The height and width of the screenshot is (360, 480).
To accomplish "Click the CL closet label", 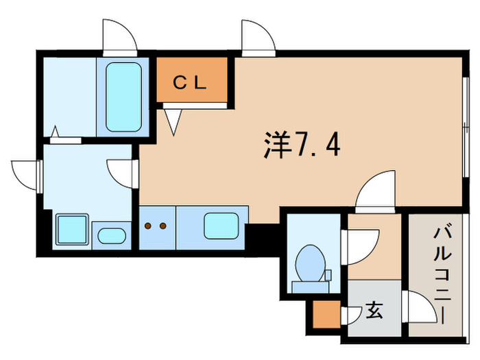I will click(190, 83).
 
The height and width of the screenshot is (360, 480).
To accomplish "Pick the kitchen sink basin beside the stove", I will click(221, 226).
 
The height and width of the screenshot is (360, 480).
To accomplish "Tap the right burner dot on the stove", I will click(163, 226).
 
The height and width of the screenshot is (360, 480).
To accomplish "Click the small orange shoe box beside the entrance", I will click(326, 314).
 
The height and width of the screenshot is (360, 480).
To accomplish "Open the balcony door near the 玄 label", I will click(420, 307).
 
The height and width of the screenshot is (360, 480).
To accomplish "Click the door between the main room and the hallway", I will click(376, 190).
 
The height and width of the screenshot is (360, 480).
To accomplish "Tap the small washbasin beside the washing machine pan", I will click(112, 235).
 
